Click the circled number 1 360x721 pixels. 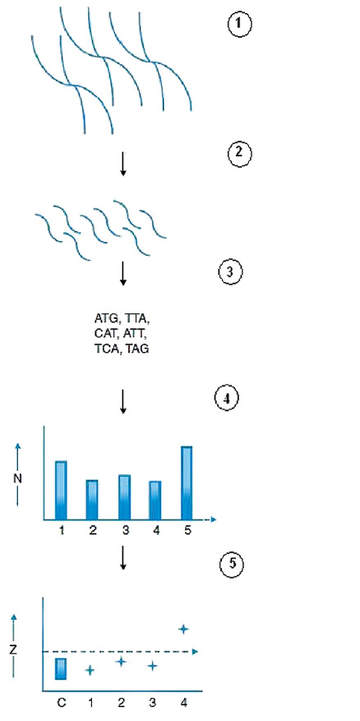click(240, 25)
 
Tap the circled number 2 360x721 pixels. click(240, 154)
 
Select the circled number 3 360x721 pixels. click(230, 273)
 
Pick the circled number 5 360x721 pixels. click(230, 565)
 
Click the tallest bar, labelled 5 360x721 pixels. click(187, 483)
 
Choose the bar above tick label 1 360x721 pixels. click(61, 490)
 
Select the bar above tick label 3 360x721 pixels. click(125, 497)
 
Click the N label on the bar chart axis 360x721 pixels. click(17, 478)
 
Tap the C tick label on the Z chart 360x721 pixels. click(61, 703)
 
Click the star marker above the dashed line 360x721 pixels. click(183, 629)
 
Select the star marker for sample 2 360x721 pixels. click(121, 661)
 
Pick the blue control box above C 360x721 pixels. click(61, 668)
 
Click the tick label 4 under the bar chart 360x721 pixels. click(156, 530)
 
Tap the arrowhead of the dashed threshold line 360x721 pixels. click(195, 651)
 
